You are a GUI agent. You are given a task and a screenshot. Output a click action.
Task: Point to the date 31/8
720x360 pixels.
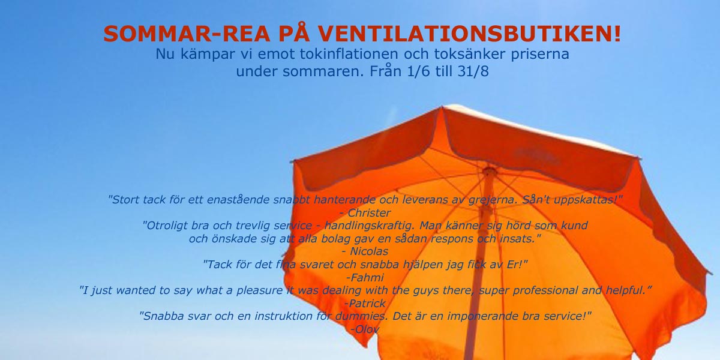tap(473, 71)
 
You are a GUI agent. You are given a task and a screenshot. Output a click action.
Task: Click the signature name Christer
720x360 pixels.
tap(369, 213)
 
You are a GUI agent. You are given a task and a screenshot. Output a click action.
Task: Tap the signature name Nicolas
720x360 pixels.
tap(369, 251)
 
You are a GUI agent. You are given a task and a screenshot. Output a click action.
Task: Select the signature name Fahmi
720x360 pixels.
tap(367, 277)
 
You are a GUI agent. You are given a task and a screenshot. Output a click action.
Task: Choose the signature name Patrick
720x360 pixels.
tap(367, 303)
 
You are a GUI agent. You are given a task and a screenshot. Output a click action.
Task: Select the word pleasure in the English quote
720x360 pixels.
tap(260, 290)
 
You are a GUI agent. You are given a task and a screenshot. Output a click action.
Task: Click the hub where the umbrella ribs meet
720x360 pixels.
tap(489, 170)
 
